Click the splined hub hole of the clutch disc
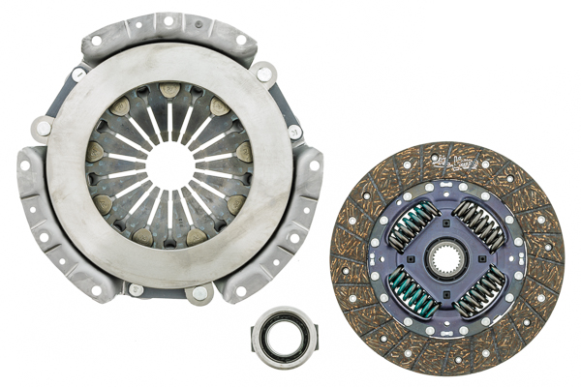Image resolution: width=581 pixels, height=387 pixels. [447, 259]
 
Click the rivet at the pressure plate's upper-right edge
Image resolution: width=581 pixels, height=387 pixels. [263, 73]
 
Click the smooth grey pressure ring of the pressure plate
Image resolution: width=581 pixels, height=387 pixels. [77, 193]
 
